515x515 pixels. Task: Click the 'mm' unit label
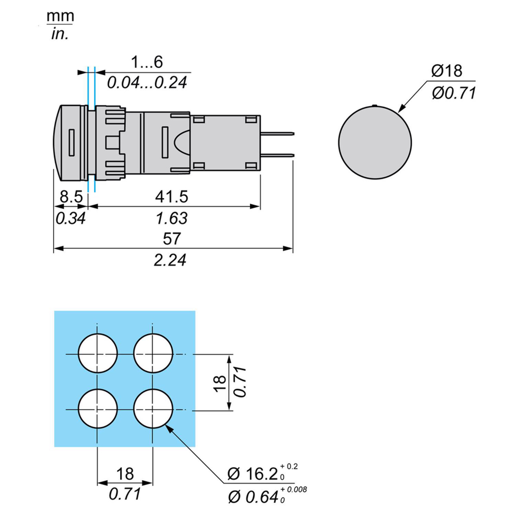pos(60,16)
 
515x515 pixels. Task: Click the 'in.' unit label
pos(60,34)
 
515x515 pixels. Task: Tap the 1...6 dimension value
pos(147,63)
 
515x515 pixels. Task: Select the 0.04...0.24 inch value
pos(147,82)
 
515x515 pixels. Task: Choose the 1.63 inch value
pos(171,218)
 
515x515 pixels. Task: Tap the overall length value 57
pos(171,239)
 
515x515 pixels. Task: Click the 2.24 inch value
pos(170,260)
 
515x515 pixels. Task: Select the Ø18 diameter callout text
pos(447,71)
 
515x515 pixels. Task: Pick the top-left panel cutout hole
pos(98,354)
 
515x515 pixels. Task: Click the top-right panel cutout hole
pos(153,354)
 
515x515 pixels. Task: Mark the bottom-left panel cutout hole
pos(98,409)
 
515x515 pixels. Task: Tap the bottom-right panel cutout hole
pos(153,409)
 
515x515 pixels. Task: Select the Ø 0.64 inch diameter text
pos(254,497)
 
